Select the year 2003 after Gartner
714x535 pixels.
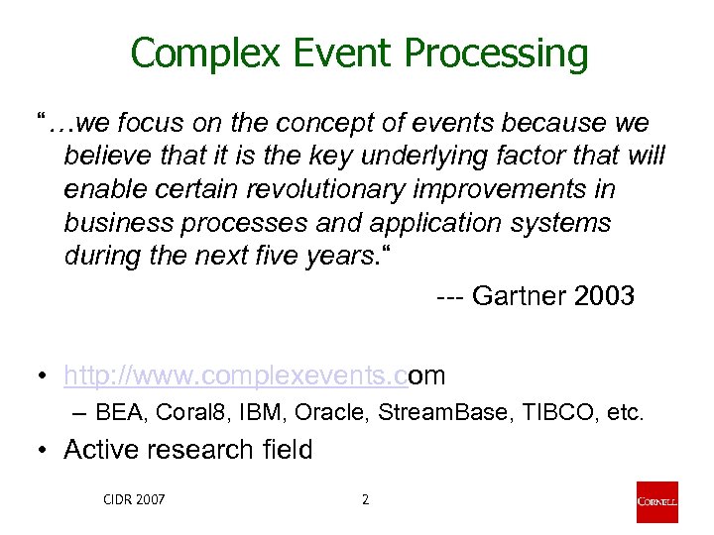tap(604, 296)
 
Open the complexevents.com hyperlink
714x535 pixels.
tap(254, 376)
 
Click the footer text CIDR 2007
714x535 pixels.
tap(135, 499)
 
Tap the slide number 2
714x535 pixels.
tap(365, 499)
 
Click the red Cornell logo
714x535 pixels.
tap(656, 502)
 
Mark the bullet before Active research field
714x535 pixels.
tap(40, 450)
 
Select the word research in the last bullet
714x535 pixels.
tap(203, 450)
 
